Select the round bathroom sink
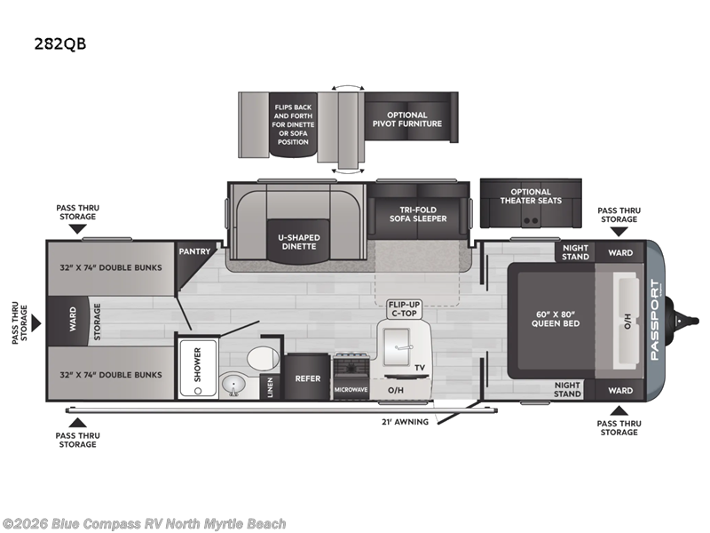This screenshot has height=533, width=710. tap(234, 385)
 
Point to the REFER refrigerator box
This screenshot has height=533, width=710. tap(307, 378)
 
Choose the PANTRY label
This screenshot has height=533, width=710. tap(194, 251)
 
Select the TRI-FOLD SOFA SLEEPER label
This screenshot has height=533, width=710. tap(417, 213)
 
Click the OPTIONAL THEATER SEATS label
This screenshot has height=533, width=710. tap(531, 195)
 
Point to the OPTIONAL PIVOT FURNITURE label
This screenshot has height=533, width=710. tap(406, 119)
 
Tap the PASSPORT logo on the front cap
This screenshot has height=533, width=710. tap(655, 320)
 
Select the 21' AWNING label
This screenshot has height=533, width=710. tap(406, 421)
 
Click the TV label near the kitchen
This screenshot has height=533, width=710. tap(418, 366)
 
